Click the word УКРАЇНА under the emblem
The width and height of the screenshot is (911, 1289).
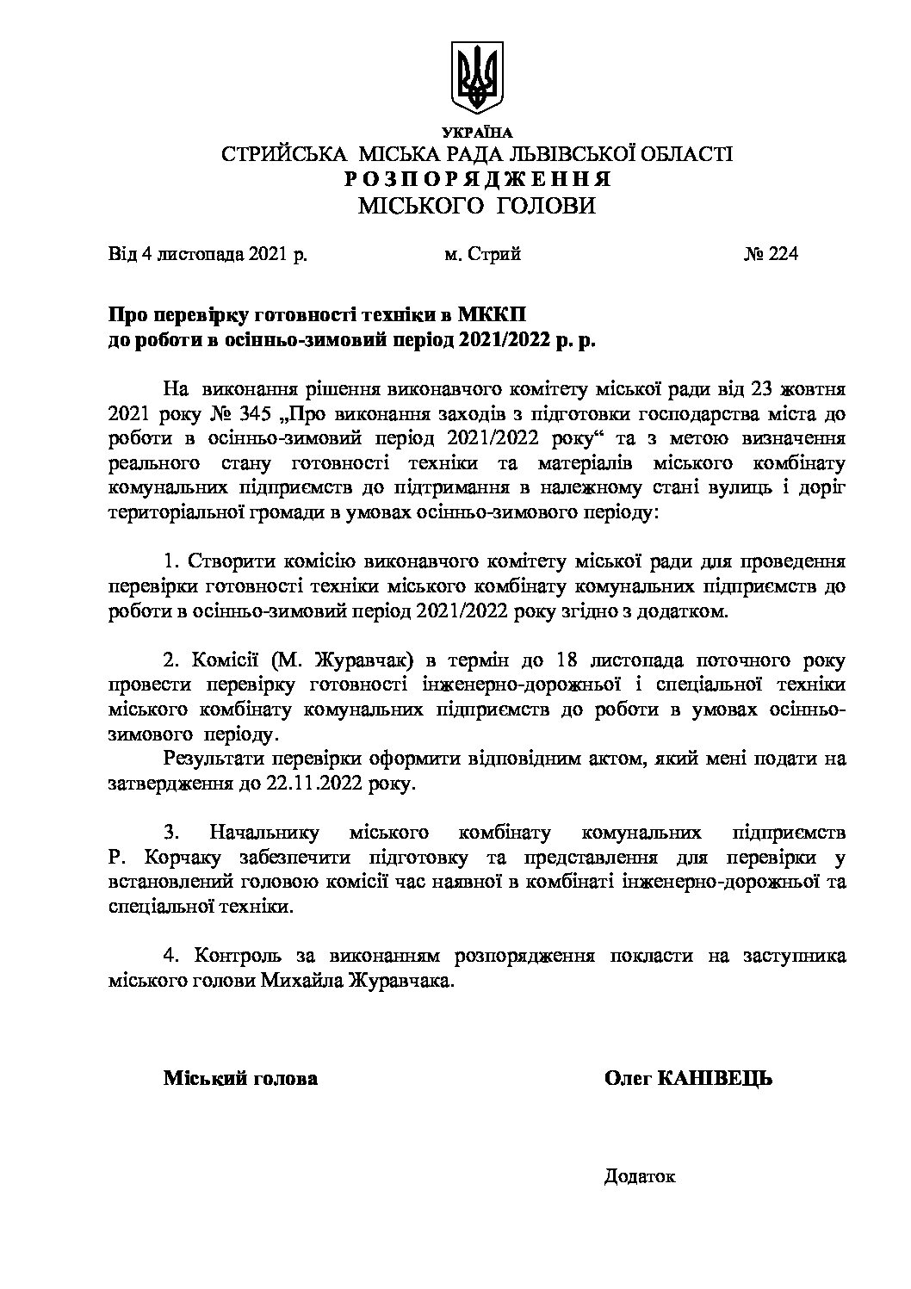pos(476,133)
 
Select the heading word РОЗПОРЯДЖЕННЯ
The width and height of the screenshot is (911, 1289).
pos(476,180)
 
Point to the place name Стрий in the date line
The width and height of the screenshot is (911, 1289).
pos(494,255)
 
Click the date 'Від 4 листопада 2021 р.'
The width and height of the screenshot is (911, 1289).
pos(207,255)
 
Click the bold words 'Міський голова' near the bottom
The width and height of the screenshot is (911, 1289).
pos(240,1078)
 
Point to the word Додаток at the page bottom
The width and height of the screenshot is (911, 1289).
pos(640,1176)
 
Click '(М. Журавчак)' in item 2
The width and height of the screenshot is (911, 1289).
pos(333,661)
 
